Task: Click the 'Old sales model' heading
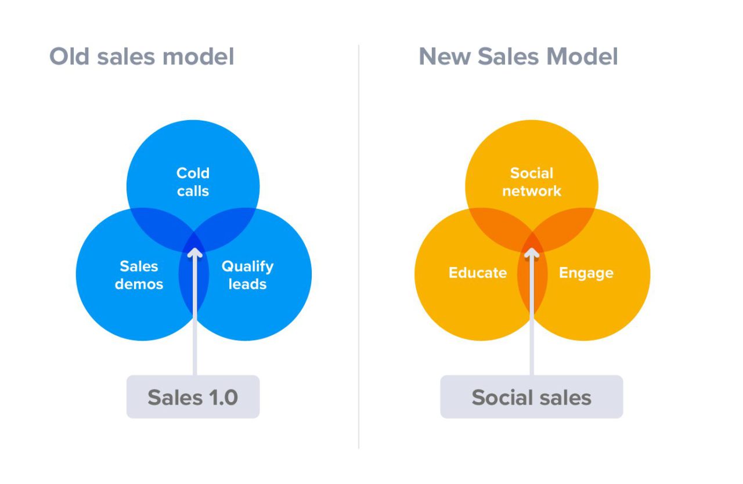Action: tap(142, 57)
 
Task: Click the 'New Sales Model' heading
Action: tap(518, 57)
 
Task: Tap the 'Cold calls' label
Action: tap(193, 182)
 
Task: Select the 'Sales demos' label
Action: tap(139, 275)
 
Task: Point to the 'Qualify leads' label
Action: tap(247, 275)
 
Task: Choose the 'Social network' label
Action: tap(532, 182)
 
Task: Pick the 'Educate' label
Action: tap(478, 273)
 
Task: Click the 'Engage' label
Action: tap(586, 273)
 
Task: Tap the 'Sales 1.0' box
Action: tap(193, 397)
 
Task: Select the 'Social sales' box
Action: tap(531, 397)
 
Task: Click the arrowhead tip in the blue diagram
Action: tap(194, 250)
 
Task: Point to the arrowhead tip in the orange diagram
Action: tap(532, 250)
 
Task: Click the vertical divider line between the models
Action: tap(359, 244)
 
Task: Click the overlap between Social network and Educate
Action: tap(498, 229)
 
